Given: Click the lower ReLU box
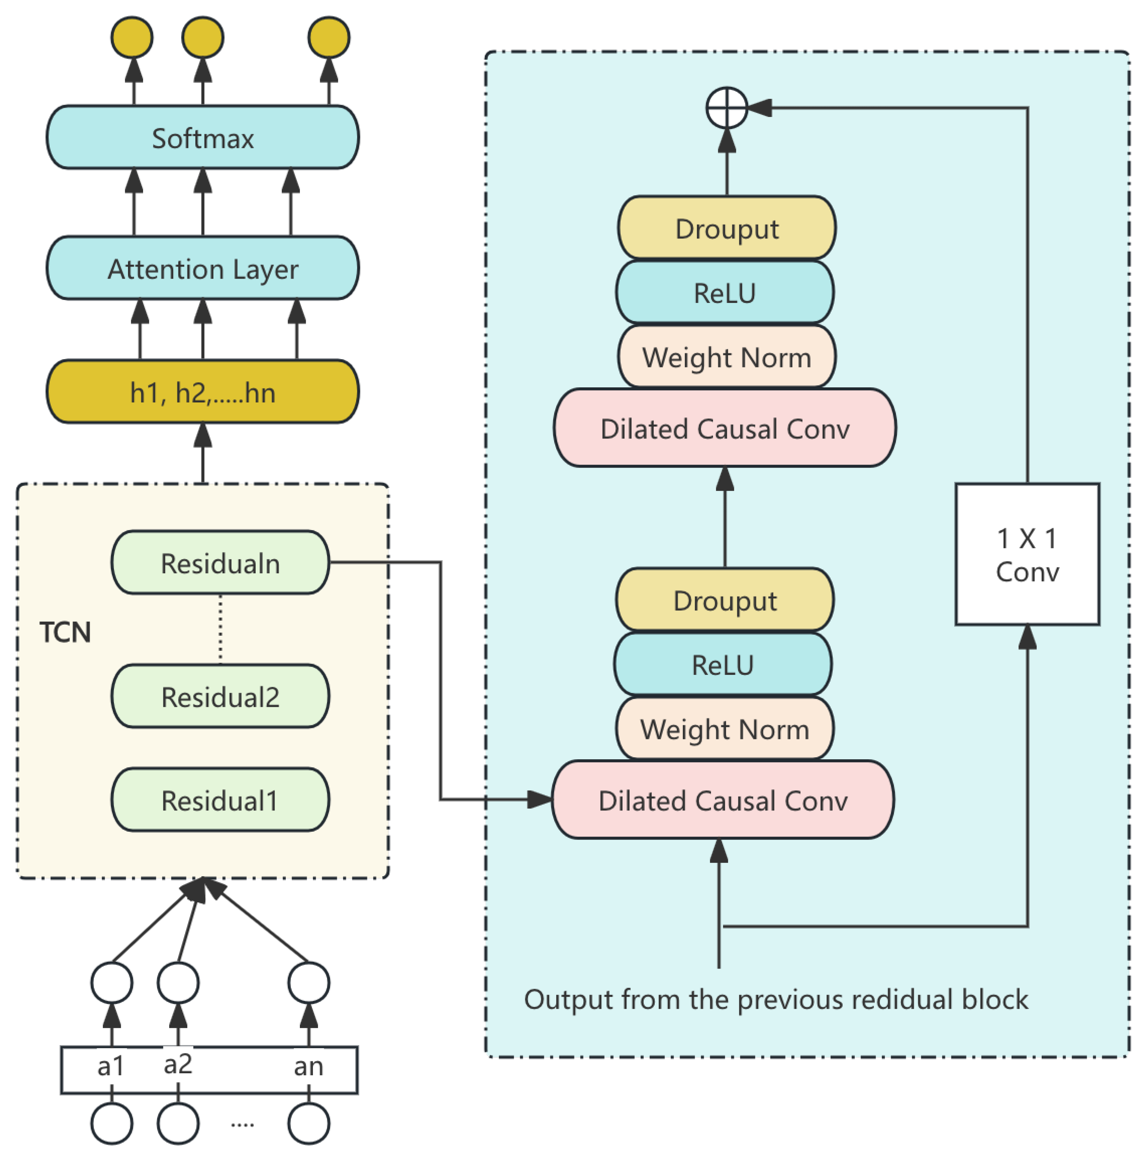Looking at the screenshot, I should [x=722, y=665].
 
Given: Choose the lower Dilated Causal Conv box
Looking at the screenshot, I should [x=722, y=800].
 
